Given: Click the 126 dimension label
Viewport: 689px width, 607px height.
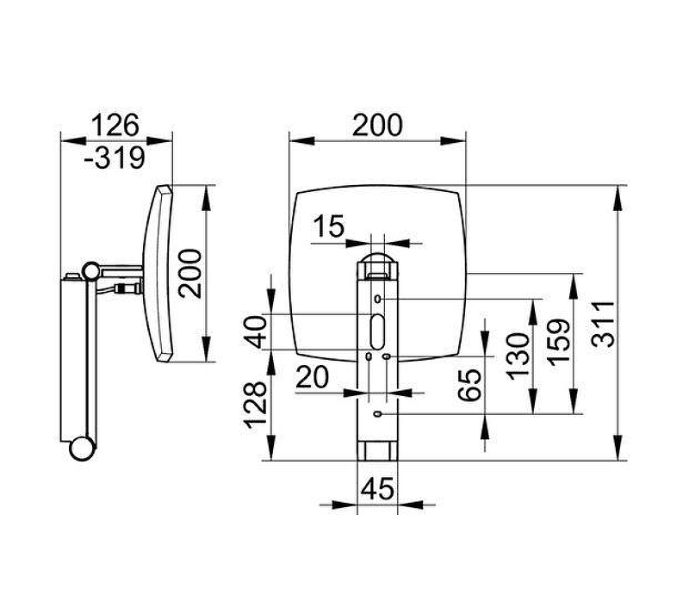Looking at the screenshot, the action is click(115, 125).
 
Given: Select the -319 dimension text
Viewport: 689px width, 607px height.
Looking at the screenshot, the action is click(115, 158).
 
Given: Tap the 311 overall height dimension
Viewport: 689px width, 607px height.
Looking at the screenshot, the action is click(602, 324).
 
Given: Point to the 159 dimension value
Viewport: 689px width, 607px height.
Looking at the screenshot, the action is click(559, 343).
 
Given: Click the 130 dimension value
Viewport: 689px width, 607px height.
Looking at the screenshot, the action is click(518, 356).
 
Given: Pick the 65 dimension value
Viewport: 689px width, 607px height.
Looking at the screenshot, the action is click(469, 385).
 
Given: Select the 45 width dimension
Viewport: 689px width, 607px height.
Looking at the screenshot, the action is click(377, 488).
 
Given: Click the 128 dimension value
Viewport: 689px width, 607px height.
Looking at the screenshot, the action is click(255, 405).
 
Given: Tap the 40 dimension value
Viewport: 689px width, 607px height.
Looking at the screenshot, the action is click(255, 332).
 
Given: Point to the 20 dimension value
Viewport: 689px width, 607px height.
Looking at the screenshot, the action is click(313, 377).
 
